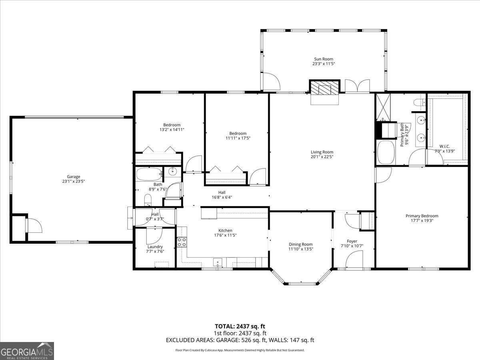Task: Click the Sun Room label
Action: (x=323, y=59)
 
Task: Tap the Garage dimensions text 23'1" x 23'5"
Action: (x=73, y=181)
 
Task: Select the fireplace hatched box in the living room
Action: (x=324, y=88)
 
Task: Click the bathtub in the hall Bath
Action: (x=149, y=174)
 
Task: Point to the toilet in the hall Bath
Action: (x=148, y=200)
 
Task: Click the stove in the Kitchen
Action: (x=182, y=242)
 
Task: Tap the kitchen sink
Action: (x=218, y=262)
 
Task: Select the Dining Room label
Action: (x=301, y=244)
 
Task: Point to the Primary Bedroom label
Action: (x=422, y=216)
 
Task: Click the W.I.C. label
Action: (x=444, y=146)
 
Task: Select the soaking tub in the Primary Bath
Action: (x=386, y=152)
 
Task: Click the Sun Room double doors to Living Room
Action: (x=357, y=86)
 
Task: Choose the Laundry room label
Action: (x=155, y=246)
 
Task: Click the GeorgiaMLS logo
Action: (x=27, y=351)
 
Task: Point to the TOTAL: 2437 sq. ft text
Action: (x=240, y=326)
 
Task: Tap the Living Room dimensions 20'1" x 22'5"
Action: (x=322, y=157)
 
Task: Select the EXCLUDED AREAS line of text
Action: (x=240, y=340)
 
